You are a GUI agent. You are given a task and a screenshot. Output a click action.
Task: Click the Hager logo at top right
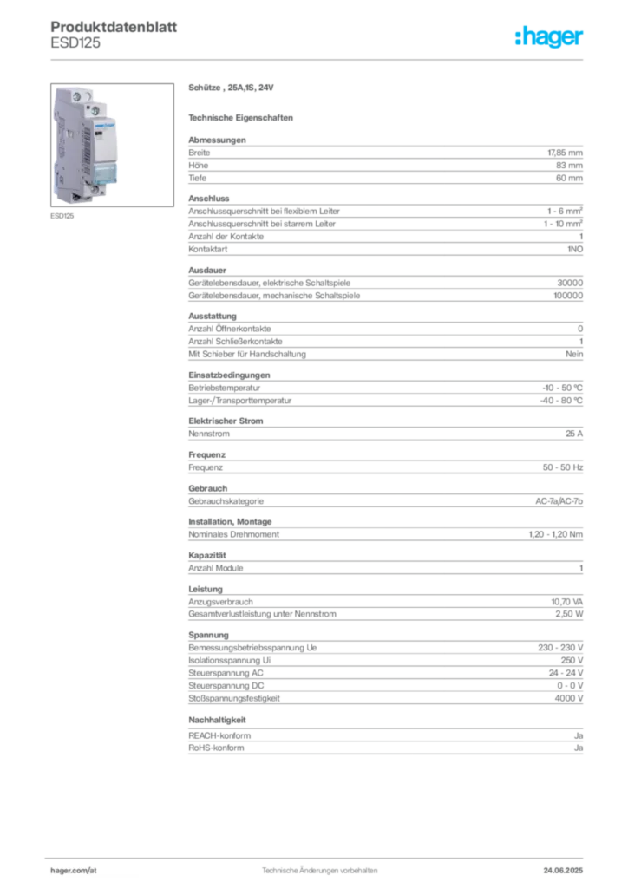[x=548, y=36]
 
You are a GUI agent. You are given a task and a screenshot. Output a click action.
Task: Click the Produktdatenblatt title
[x=114, y=27]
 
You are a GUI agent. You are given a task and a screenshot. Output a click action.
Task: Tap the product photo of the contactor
[x=112, y=145]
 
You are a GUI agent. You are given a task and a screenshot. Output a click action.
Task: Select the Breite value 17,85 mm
[x=565, y=153]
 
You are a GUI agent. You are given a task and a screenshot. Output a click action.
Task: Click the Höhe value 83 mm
[x=569, y=166]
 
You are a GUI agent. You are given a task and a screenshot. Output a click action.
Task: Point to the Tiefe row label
[x=197, y=178]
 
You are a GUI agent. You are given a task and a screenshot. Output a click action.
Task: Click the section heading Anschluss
[x=208, y=199]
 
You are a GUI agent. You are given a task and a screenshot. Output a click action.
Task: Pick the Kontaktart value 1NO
[x=575, y=249]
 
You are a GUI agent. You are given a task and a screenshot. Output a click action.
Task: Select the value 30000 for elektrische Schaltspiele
[x=570, y=283]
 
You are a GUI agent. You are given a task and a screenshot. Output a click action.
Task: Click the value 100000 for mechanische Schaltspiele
[x=568, y=296]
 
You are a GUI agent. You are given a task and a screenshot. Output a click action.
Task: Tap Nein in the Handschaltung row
[x=574, y=354]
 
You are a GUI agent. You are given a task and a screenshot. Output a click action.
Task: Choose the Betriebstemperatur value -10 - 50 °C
[x=562, y=388]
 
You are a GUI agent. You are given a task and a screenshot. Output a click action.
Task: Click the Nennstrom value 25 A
[x=574, y=434]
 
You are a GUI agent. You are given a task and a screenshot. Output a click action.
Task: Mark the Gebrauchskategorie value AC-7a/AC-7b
[x=559, y=501]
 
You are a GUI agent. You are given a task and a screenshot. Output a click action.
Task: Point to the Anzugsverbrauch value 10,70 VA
[x=566, y=602]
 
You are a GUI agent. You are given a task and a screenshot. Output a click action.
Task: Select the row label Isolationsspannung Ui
[x=229, y=660]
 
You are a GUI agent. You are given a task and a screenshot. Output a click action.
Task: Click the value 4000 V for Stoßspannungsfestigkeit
[x=568, y=699]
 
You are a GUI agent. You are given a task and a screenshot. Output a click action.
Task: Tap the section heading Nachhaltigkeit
[x=217, y=721]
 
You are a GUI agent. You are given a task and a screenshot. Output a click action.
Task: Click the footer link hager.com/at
[x=74, y=871]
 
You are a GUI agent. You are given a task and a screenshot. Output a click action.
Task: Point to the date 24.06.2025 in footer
[x=563, y=871]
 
